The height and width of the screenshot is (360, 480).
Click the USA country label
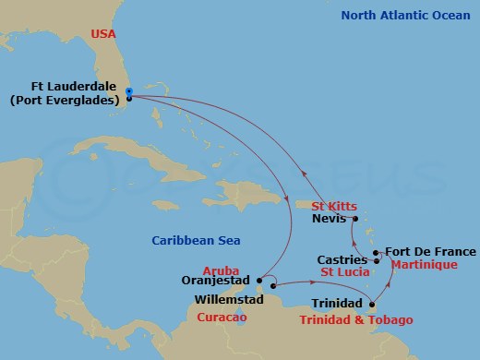click(103, 34)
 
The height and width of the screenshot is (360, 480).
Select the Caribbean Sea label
click(196, 241)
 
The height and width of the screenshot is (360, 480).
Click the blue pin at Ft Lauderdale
click(129, 92)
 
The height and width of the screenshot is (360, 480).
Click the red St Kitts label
click(332, 205)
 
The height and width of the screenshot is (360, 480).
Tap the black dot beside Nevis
click(354, 219)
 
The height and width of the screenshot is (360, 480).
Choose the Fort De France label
click(430, 251)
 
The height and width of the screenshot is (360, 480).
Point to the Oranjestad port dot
click(260, 278)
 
